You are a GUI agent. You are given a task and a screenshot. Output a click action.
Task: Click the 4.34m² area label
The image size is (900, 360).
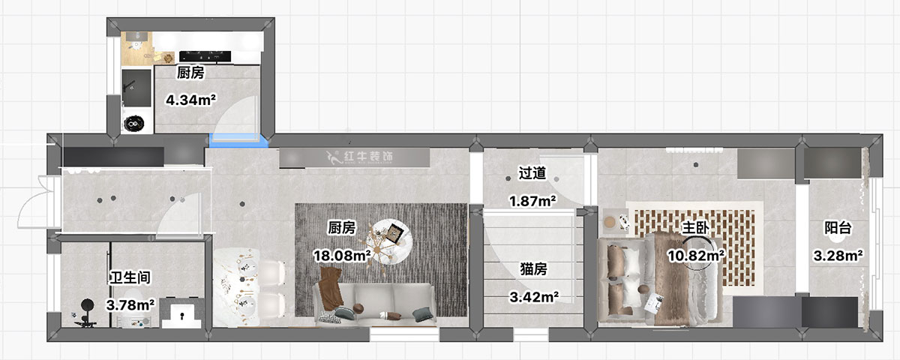190,98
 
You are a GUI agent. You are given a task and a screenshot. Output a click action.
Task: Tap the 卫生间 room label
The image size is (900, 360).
131,277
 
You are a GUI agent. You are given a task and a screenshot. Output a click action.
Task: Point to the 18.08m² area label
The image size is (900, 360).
343,256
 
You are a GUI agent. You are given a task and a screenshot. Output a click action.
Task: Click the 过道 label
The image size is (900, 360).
532,173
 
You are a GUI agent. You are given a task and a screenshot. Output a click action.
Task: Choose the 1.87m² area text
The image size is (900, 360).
532,201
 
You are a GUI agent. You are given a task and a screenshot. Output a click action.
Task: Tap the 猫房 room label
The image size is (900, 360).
532,268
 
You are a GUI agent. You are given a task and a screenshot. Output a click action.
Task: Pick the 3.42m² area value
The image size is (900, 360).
532,296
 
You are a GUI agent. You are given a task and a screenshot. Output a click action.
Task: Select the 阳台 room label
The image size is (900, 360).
837,228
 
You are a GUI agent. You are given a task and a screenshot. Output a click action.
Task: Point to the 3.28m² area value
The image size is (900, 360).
838,256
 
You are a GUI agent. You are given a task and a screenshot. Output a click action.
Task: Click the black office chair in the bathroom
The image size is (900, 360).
86,309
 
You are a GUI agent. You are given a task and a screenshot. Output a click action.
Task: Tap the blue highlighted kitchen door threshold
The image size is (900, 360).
239,138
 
